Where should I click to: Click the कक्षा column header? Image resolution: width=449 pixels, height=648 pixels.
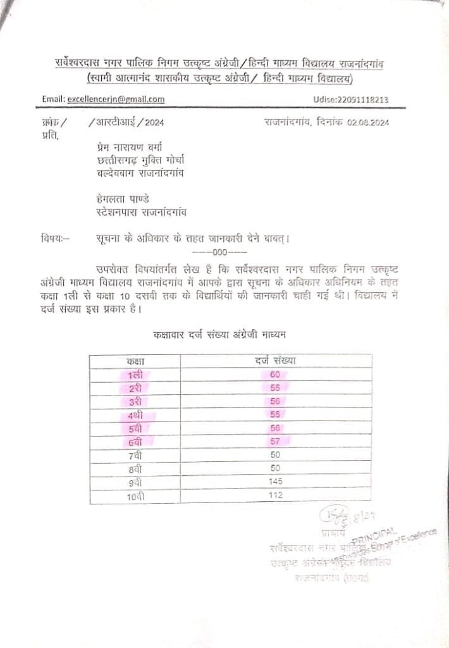(x=135, y=361)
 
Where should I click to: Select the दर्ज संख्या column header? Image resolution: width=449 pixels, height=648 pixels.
(x=275, y=361)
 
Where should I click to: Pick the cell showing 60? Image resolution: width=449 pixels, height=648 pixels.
(x=274, y=375)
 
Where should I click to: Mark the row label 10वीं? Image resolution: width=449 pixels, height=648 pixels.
(x=135, y=495)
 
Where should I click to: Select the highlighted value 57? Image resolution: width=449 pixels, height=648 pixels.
(x=274, y=442)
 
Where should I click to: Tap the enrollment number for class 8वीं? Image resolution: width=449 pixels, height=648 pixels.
(x=274, y=468)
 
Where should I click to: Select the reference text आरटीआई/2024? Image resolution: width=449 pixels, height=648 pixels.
(x=127, y=123)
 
